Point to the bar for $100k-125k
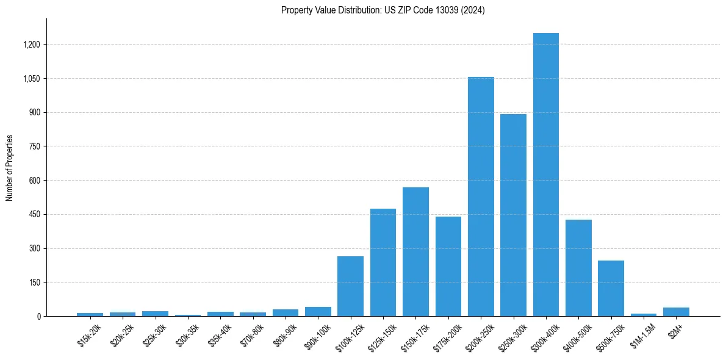350,286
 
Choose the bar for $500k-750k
611,288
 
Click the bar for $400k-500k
578,268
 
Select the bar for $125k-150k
383,262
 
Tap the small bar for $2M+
676,312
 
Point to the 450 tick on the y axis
34,215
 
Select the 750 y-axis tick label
34,146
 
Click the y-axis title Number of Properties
10,168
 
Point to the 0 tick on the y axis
38,317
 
